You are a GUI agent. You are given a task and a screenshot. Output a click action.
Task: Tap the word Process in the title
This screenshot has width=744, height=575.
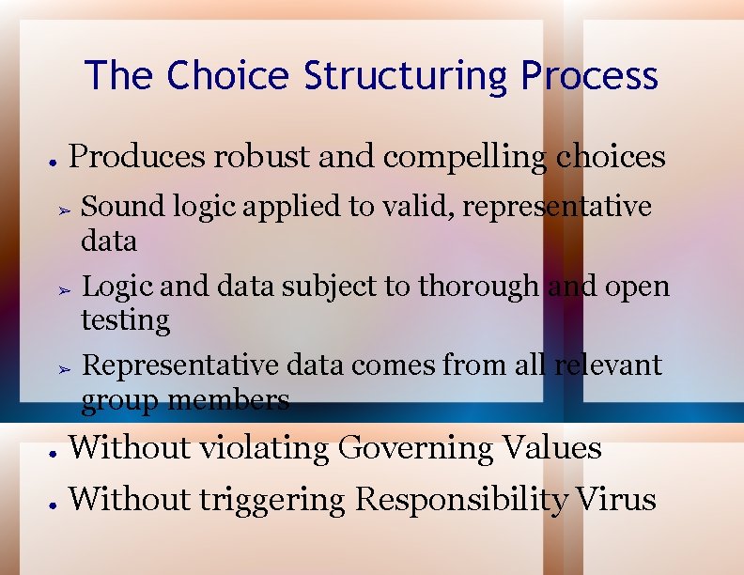590,75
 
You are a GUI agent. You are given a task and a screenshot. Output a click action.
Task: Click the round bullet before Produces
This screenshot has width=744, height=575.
54,160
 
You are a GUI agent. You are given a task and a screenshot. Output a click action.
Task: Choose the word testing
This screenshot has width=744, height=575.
125,321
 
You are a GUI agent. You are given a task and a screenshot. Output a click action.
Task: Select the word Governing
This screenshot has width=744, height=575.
414,449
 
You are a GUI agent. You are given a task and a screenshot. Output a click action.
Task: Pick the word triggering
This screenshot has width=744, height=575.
273,500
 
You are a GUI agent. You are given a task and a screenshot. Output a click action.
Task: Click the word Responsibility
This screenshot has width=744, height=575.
460,500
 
